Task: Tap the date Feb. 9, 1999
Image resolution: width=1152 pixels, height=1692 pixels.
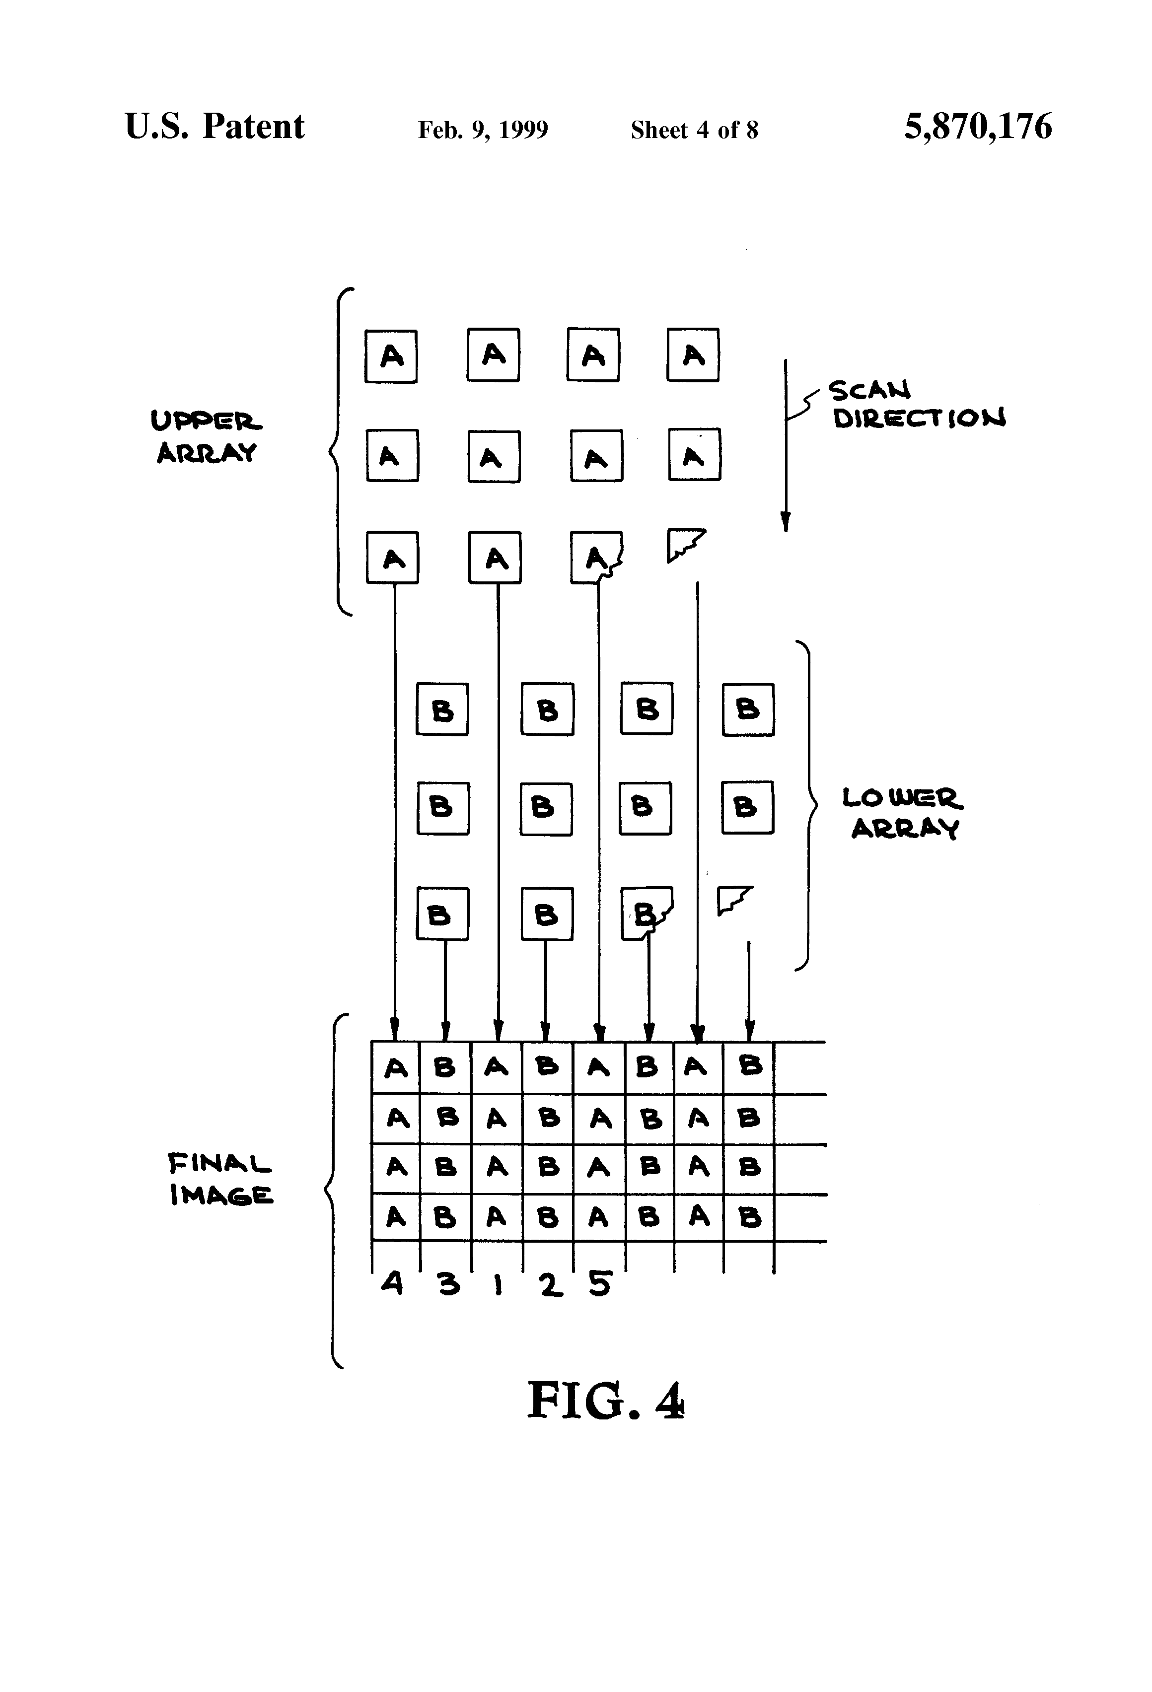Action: (x=482, y=130)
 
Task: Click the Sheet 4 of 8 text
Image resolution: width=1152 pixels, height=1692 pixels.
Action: (x=694, y=130)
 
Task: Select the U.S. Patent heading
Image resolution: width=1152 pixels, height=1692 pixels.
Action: (x=214, y=126)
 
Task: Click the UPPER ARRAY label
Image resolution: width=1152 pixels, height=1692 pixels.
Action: (x=206, y=437)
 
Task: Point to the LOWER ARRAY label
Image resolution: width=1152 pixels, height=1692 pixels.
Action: (x=903, y=813)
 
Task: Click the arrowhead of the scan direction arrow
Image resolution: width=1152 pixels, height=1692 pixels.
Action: (x=785, y=522)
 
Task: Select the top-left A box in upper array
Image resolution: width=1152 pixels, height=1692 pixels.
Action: (x=391, y=356)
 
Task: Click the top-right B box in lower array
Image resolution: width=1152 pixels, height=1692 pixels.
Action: (x=748, y=709)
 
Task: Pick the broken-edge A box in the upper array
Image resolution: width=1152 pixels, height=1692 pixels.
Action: (x=596, y=558)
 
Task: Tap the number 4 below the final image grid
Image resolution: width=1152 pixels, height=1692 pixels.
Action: (x=392, y=1282)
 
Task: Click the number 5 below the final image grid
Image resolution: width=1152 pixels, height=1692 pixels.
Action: (x=600, y=1283)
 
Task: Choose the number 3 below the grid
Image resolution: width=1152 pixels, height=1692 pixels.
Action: (x=448, y=1283)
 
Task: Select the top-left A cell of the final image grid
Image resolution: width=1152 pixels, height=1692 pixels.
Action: (x=395, y=1068)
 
